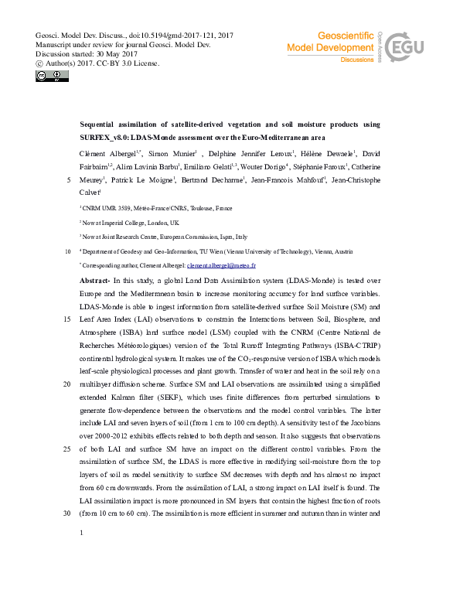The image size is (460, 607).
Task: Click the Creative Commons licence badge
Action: (x=46, y=76)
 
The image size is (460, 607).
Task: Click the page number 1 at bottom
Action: (x=81, y=532)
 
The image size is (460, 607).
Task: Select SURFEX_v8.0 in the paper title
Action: (x=106, y=135)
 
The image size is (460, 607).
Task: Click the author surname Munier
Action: (x=181, y=152)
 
